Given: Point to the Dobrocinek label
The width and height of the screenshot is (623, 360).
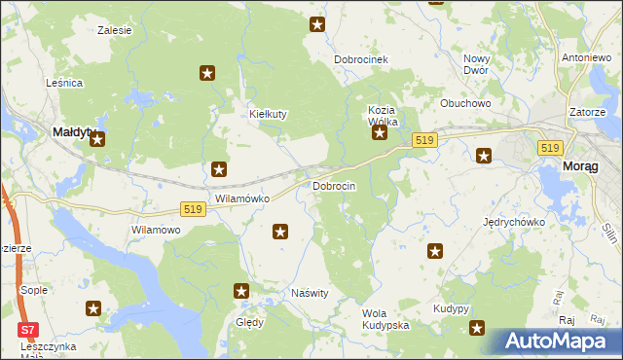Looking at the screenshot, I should click(x=361, y=59).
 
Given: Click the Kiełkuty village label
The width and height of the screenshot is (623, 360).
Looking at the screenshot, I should click(x=268, y=114).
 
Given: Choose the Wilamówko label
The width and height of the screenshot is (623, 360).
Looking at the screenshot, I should click(x=241, y=198).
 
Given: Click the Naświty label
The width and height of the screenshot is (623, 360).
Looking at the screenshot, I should click(x=311, y=293).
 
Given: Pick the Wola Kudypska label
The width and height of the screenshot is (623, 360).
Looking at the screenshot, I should click(x=385, y=318).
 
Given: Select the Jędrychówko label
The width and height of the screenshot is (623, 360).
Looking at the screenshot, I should click(x=514, y=222).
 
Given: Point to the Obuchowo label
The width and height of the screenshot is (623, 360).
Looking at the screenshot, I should click(x=464, y=103).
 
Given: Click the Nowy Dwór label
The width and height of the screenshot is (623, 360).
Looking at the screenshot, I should click(x=476, y=64).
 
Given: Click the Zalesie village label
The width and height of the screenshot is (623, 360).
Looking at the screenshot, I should click(x=115, y=30).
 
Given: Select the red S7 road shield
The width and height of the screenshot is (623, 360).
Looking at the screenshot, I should click(x=29, y=330).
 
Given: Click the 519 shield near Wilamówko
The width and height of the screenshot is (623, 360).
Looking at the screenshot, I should click(x=193, y=210).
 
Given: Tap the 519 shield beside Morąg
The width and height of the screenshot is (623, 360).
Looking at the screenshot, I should click(x=550, y=147).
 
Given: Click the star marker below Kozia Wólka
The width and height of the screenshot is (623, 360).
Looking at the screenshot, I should click(x=380, y=135).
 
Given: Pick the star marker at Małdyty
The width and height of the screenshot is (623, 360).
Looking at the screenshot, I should click(x=97, y=141).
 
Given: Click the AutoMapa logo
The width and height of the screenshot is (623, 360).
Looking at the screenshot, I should click(x=557, y=342).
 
